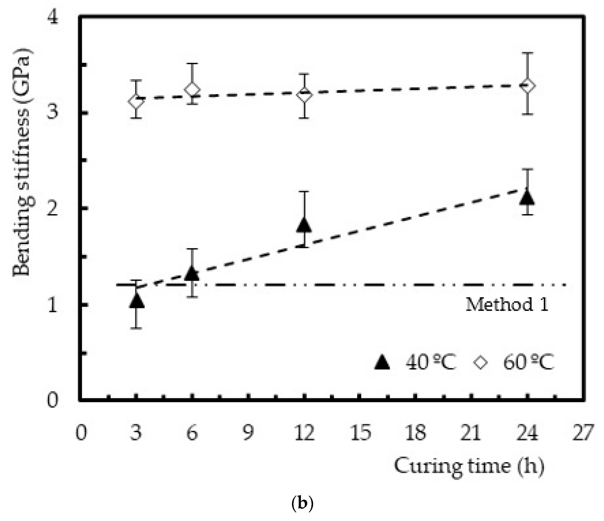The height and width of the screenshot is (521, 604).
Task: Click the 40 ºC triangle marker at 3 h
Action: click(x=136, y=301)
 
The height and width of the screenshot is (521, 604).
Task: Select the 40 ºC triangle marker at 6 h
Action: click(x=192, y=273)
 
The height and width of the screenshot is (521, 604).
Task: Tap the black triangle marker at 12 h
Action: click(x=304, y=225)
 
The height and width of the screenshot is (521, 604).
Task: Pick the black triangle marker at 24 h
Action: click(x=527, y=198)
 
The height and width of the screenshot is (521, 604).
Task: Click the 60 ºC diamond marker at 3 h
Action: click(x=136, y=102)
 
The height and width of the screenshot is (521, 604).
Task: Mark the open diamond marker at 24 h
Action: click(x=528, y=85)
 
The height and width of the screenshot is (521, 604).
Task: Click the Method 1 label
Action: click(x=507, y=305)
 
